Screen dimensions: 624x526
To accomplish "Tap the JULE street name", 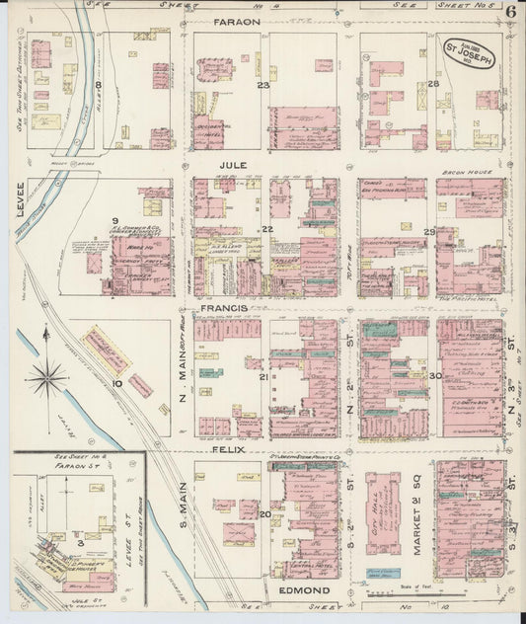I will tap(232, 165).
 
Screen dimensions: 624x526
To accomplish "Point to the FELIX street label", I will tap(227, 449).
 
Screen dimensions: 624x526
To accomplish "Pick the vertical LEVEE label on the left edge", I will tap(19, 200).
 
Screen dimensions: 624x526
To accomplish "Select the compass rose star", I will tap(47, 376).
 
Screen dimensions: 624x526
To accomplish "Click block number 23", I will tap(263, 85).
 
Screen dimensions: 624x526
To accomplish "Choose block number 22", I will tap(266, 229).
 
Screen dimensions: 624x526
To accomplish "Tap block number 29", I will tap(429, 231).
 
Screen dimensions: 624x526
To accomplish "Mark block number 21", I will tap(263, 378).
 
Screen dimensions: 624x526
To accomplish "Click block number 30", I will tap(434, 375).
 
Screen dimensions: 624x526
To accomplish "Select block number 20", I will tap(265, 513).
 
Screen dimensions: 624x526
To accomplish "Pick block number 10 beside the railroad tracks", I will tap(116, 383).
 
